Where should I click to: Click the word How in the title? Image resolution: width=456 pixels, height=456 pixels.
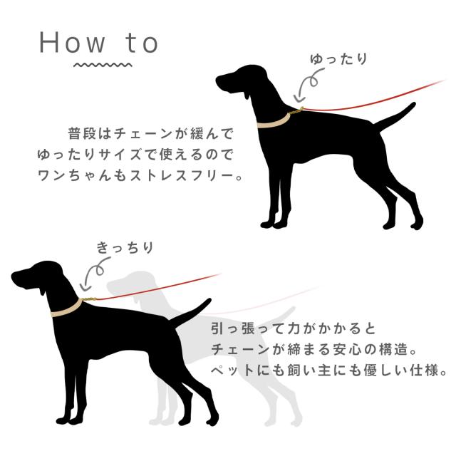coord(72,42)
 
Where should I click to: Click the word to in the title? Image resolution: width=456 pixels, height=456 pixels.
coord(142,43)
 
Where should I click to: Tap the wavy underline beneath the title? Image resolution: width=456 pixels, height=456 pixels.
coord(103,65)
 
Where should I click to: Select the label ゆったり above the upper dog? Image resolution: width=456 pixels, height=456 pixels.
coord(338,59)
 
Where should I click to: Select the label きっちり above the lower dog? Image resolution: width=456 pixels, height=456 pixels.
coord(125,248)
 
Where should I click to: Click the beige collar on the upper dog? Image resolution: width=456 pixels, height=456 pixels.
coord(274,122)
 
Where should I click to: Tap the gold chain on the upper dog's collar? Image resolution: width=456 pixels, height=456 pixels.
coord(296,110)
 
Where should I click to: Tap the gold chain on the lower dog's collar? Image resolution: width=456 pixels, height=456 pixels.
coord(88,299)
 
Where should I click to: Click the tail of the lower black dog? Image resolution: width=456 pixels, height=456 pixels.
coord(190,313)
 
